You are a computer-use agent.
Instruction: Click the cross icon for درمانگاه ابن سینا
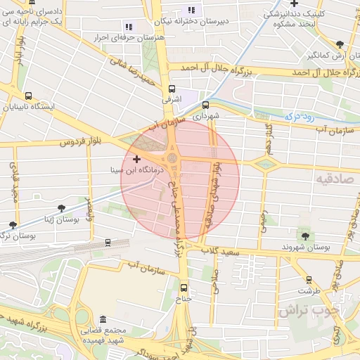[136, 160]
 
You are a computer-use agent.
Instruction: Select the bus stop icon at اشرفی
[172, 89]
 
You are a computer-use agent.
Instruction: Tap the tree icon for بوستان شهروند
[304, 235]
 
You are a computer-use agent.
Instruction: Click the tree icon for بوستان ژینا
[63, 208]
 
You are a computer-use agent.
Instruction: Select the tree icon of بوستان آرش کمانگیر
[340, 44]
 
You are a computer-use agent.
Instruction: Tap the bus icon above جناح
[184, 287]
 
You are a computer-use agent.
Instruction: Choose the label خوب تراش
[309, 310]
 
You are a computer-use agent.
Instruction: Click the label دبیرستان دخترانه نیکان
[223, 21]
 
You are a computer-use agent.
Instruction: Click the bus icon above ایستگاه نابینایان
[28, 96]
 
